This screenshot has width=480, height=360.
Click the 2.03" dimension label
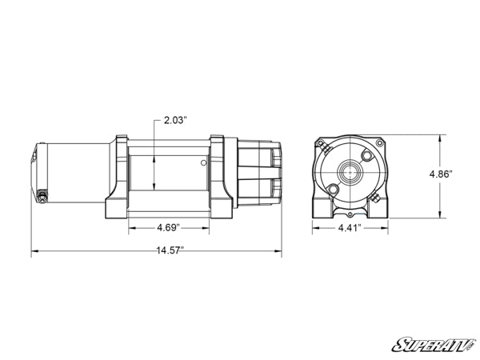click(x=174, y=120)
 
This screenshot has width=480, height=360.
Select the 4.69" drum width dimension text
click(x=167, y=226)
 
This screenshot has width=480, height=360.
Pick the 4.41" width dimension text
click(x=349, y=227)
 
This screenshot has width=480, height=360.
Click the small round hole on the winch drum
click(x=204, y=163)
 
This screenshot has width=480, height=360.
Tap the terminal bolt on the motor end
click(x=42, y=194)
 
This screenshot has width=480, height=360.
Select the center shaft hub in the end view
click(x=349, y=170)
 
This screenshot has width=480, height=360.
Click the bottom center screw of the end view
click(x=349, y=215)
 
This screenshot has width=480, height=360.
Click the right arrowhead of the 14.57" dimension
click(x=280, y=254)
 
